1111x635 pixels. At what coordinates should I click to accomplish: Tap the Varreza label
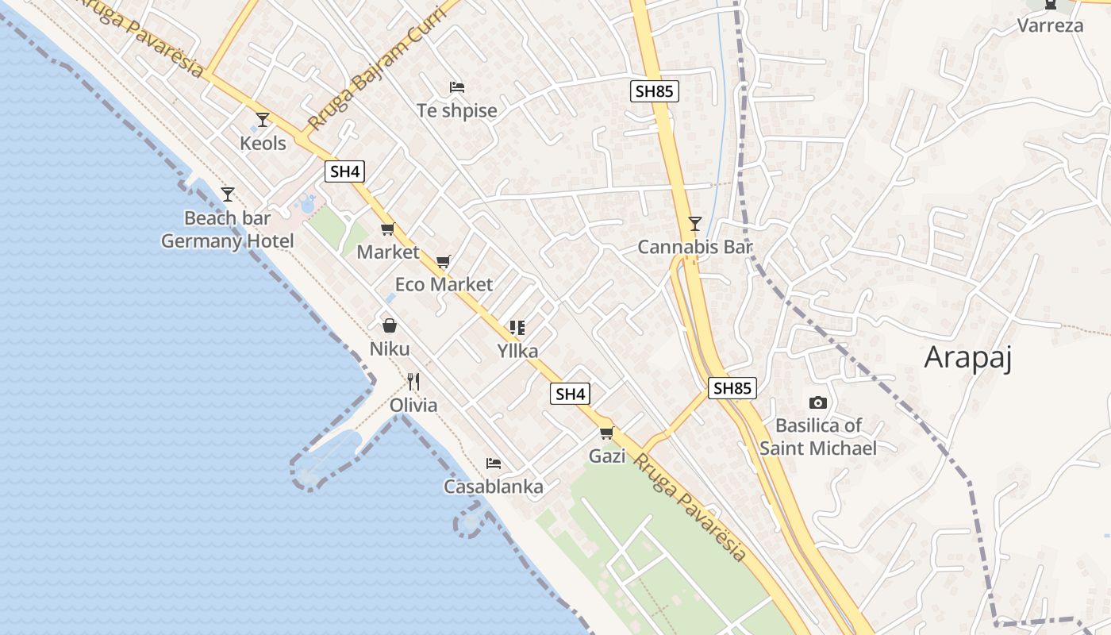click(x=1050, y=25)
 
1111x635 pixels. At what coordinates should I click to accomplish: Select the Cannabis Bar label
click(x=694, y=247)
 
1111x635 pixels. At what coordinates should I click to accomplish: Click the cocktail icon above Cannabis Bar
click(x=695, y=224)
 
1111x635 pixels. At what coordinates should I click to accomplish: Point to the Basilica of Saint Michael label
click(x=818, y=437)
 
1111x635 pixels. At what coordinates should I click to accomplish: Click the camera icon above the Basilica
click(x=817, y=403)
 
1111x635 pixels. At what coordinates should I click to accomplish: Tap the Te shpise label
click(x=457, y=110)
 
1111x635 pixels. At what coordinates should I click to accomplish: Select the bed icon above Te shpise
click(x=456, y=87)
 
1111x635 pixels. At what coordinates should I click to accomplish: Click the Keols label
click(x=263, y=143)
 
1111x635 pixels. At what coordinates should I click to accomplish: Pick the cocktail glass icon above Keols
click(x=263, y=120)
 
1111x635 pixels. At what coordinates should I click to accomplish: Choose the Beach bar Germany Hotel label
click(x=228, y=229)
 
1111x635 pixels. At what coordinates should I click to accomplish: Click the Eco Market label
click(x=444, y=284)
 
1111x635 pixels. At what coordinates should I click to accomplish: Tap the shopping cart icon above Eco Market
click(x=444, y=261)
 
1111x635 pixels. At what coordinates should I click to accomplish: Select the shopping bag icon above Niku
click(x=390, y=325)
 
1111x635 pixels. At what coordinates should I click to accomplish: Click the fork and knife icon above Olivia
click(x=413, y=382)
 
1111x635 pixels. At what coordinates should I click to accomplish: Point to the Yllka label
click(x=517, y=351)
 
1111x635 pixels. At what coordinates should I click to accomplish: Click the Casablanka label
click(x=494, y=487)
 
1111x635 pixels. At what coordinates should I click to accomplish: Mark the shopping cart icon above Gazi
click(x=607, y=433)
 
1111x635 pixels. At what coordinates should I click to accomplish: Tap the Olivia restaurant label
click(x=413, y=406)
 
